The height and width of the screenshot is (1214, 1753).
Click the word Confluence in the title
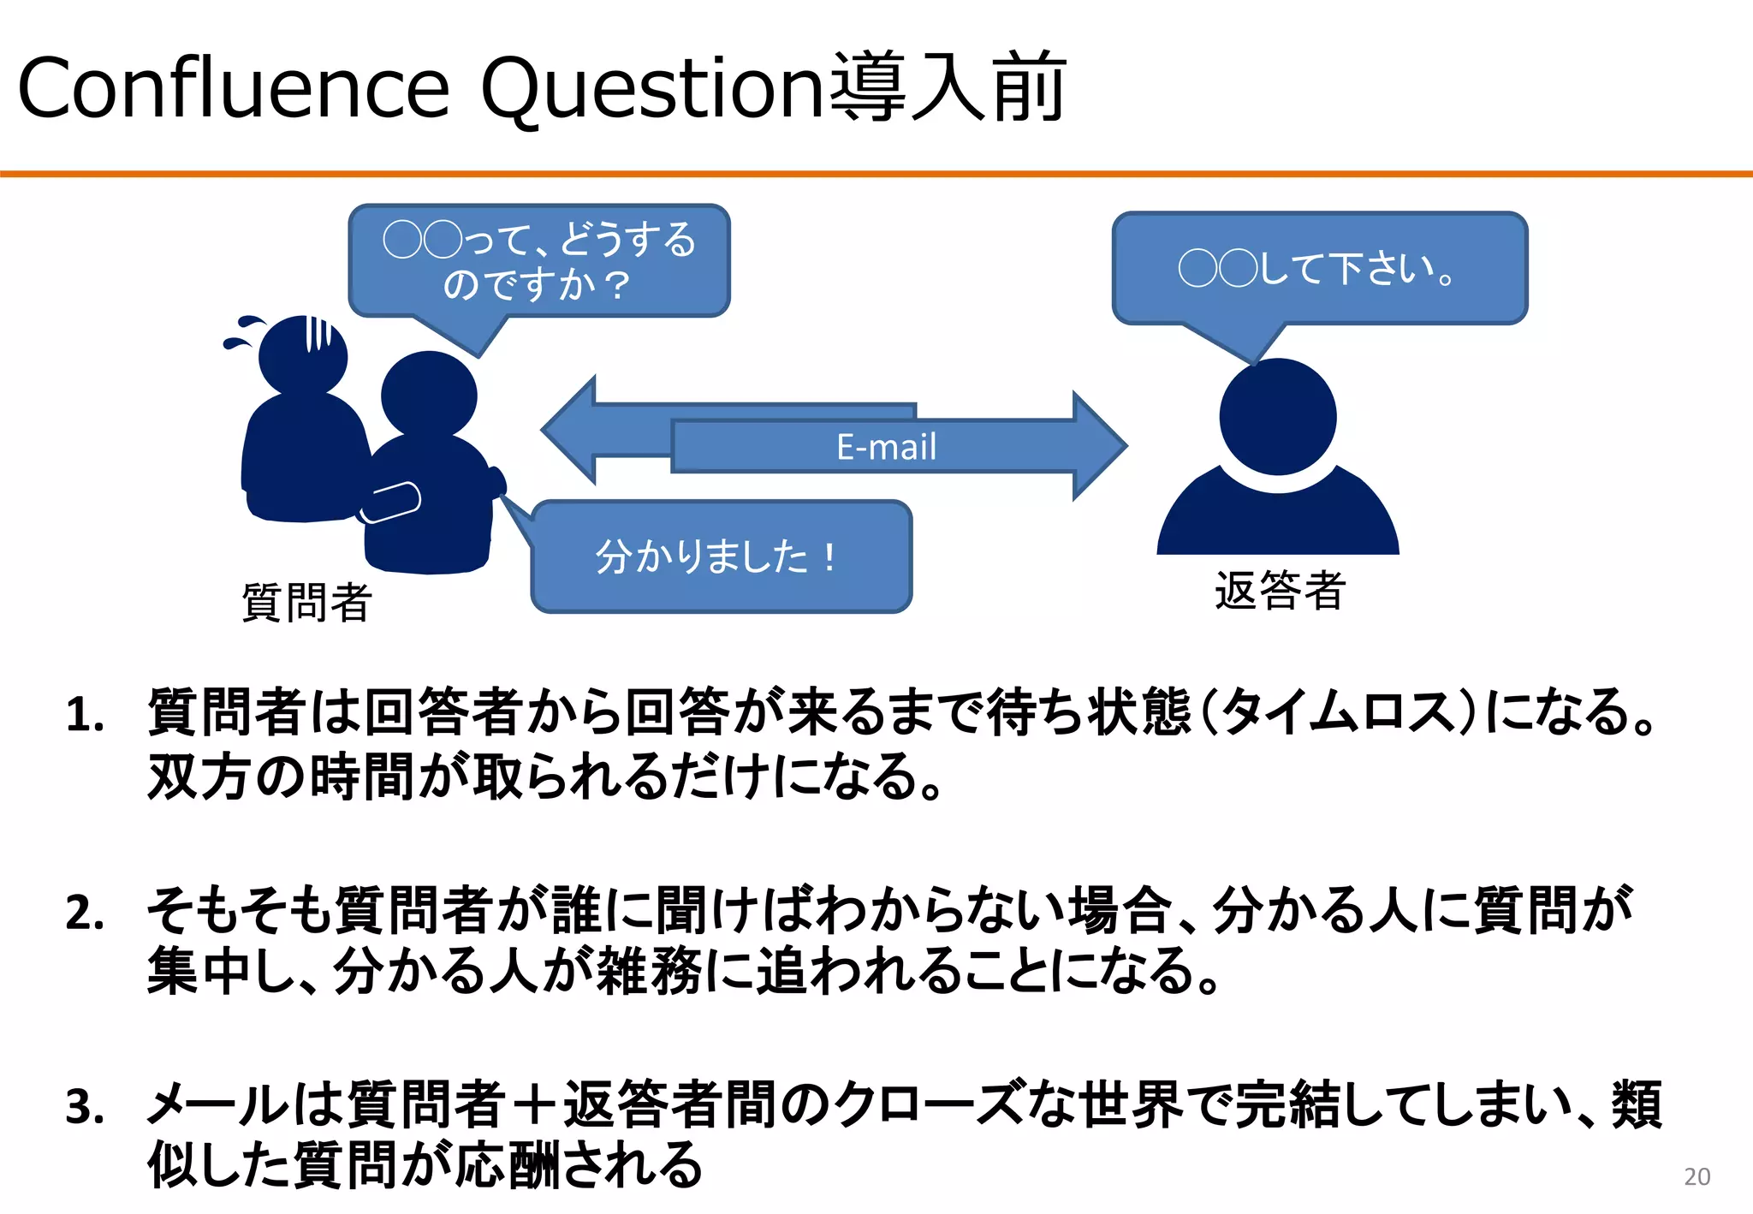click(233, 88)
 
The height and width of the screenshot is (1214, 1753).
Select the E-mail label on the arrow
click(886, 447)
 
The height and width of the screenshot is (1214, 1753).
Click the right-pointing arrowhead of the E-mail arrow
click(1099, 446)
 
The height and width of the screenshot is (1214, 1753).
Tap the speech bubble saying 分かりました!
click(721, 557)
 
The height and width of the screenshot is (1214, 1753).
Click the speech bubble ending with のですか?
click(539, 261)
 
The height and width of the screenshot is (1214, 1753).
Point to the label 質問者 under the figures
click(306, 603)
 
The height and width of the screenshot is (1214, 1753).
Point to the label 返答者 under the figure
click(1280, 591)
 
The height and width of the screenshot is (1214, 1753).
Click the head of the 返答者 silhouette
click(1278, 417)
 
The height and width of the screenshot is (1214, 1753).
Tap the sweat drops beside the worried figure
click(243, 332)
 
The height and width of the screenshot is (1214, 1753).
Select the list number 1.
click(85, 716)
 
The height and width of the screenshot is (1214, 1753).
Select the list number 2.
click(85, 913)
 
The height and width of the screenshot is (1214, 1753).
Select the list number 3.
click(85, 1108)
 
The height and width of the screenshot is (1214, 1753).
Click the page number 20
click(1697, 1177)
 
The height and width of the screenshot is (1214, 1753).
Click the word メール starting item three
click(217, 1105)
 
